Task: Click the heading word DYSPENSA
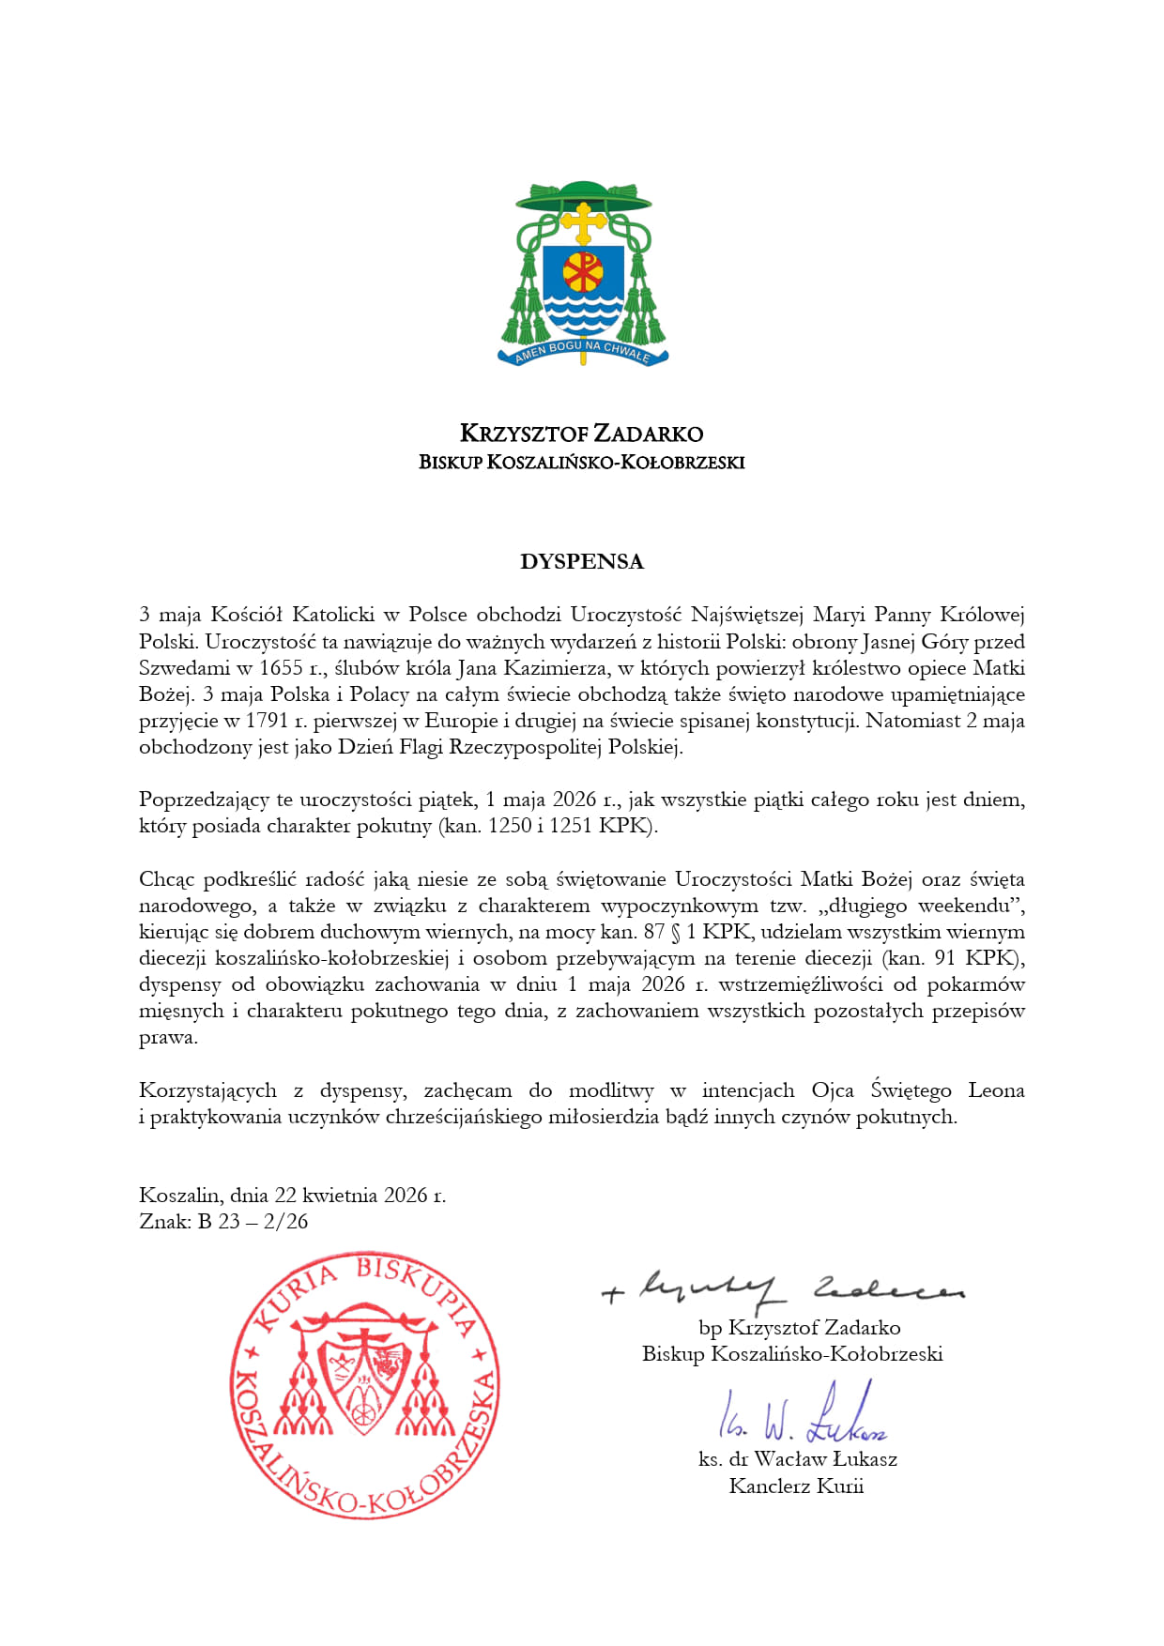point(582,562)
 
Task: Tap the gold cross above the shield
point(583,224)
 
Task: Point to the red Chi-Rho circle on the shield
point(583,273)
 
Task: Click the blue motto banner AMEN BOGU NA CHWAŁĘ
point(583,352)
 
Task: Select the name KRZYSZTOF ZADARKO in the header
point(581,434)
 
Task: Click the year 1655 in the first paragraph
point(281,668)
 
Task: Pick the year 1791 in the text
point(267,721)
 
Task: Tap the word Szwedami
point(184,668)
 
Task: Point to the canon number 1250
point(511,826)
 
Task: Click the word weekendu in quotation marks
point(967,906)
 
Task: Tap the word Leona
point(996,1090)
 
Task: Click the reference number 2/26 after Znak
point(286,1222)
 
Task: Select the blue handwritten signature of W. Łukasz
point(803,1417)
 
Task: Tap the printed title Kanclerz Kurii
point(796,1486)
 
